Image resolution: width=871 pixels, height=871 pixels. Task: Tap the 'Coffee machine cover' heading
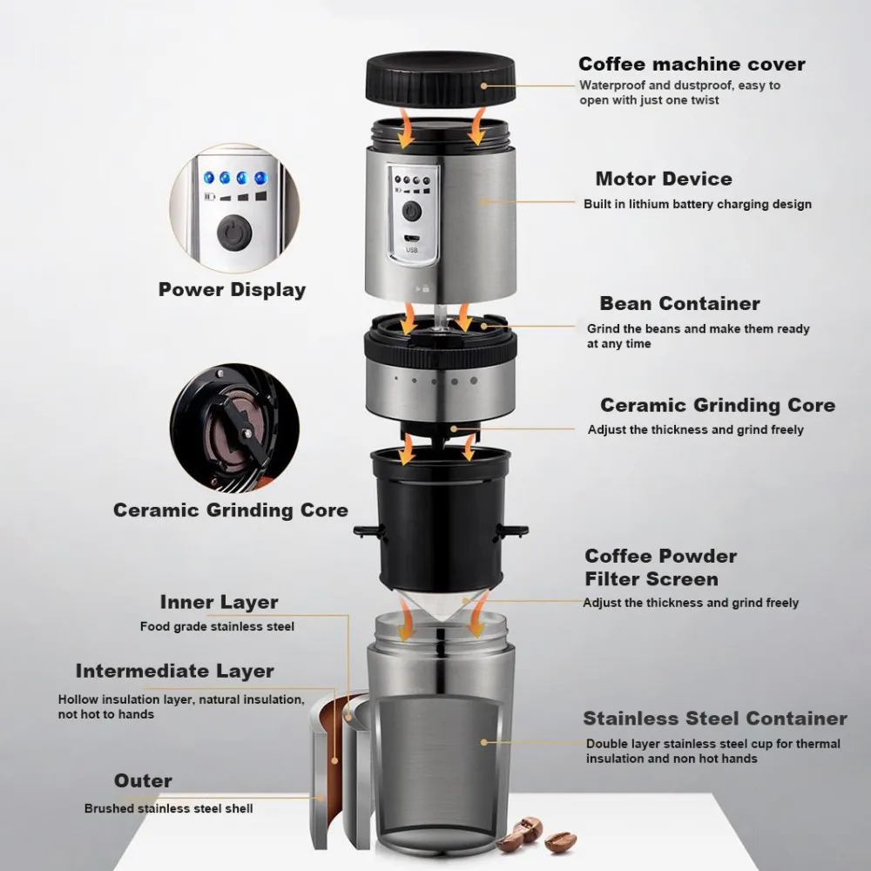point(692,64)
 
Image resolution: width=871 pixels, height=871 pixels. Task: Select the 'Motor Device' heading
point(664,179)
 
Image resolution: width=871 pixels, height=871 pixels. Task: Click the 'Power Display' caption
point(232,290)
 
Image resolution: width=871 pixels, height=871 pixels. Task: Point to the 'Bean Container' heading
point(679,304)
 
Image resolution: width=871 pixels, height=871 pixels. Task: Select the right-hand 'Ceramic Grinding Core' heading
point(717,405)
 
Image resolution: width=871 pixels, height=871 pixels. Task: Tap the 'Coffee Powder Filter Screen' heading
point(660,567)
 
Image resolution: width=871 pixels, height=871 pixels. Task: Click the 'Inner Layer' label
point(219,602)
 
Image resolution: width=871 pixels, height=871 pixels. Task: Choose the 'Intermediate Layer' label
point(174,672)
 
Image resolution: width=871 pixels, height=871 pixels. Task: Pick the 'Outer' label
point(143,780)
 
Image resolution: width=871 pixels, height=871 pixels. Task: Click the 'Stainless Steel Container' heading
point(714,719)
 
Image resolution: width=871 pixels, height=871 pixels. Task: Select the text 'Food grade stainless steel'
point(217,626)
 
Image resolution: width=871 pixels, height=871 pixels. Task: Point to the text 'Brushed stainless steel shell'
point(168,808)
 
